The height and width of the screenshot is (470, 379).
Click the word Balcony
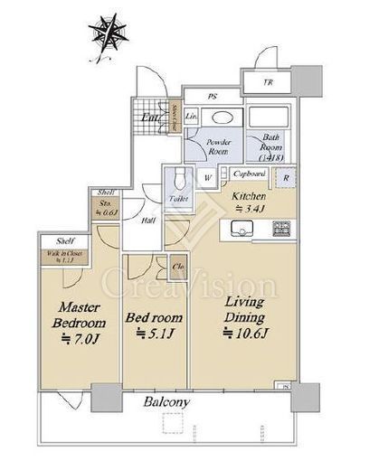point(165,401)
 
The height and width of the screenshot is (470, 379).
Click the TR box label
point(268,83)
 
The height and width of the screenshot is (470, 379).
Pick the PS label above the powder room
point(213,95)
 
